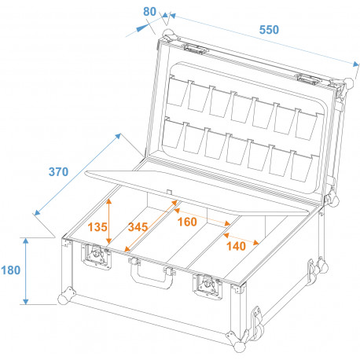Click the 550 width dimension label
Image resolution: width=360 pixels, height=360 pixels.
tap(269, 29)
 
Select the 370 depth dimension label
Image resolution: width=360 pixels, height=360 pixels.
tap(58, 172)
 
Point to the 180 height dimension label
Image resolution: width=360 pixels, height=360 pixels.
tap(11, 270)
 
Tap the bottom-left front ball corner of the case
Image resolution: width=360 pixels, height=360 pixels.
tap(63, 299)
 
